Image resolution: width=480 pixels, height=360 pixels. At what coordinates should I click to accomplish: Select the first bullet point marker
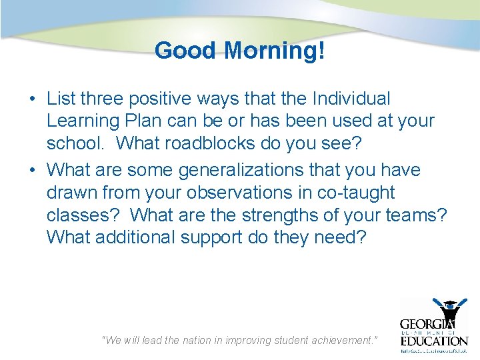click(x=32, y=99)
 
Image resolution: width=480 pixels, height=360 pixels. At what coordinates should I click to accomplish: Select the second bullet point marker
click(x=32, y=171)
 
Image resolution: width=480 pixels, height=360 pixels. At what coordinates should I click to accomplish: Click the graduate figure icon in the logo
click(x=451, y=311)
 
